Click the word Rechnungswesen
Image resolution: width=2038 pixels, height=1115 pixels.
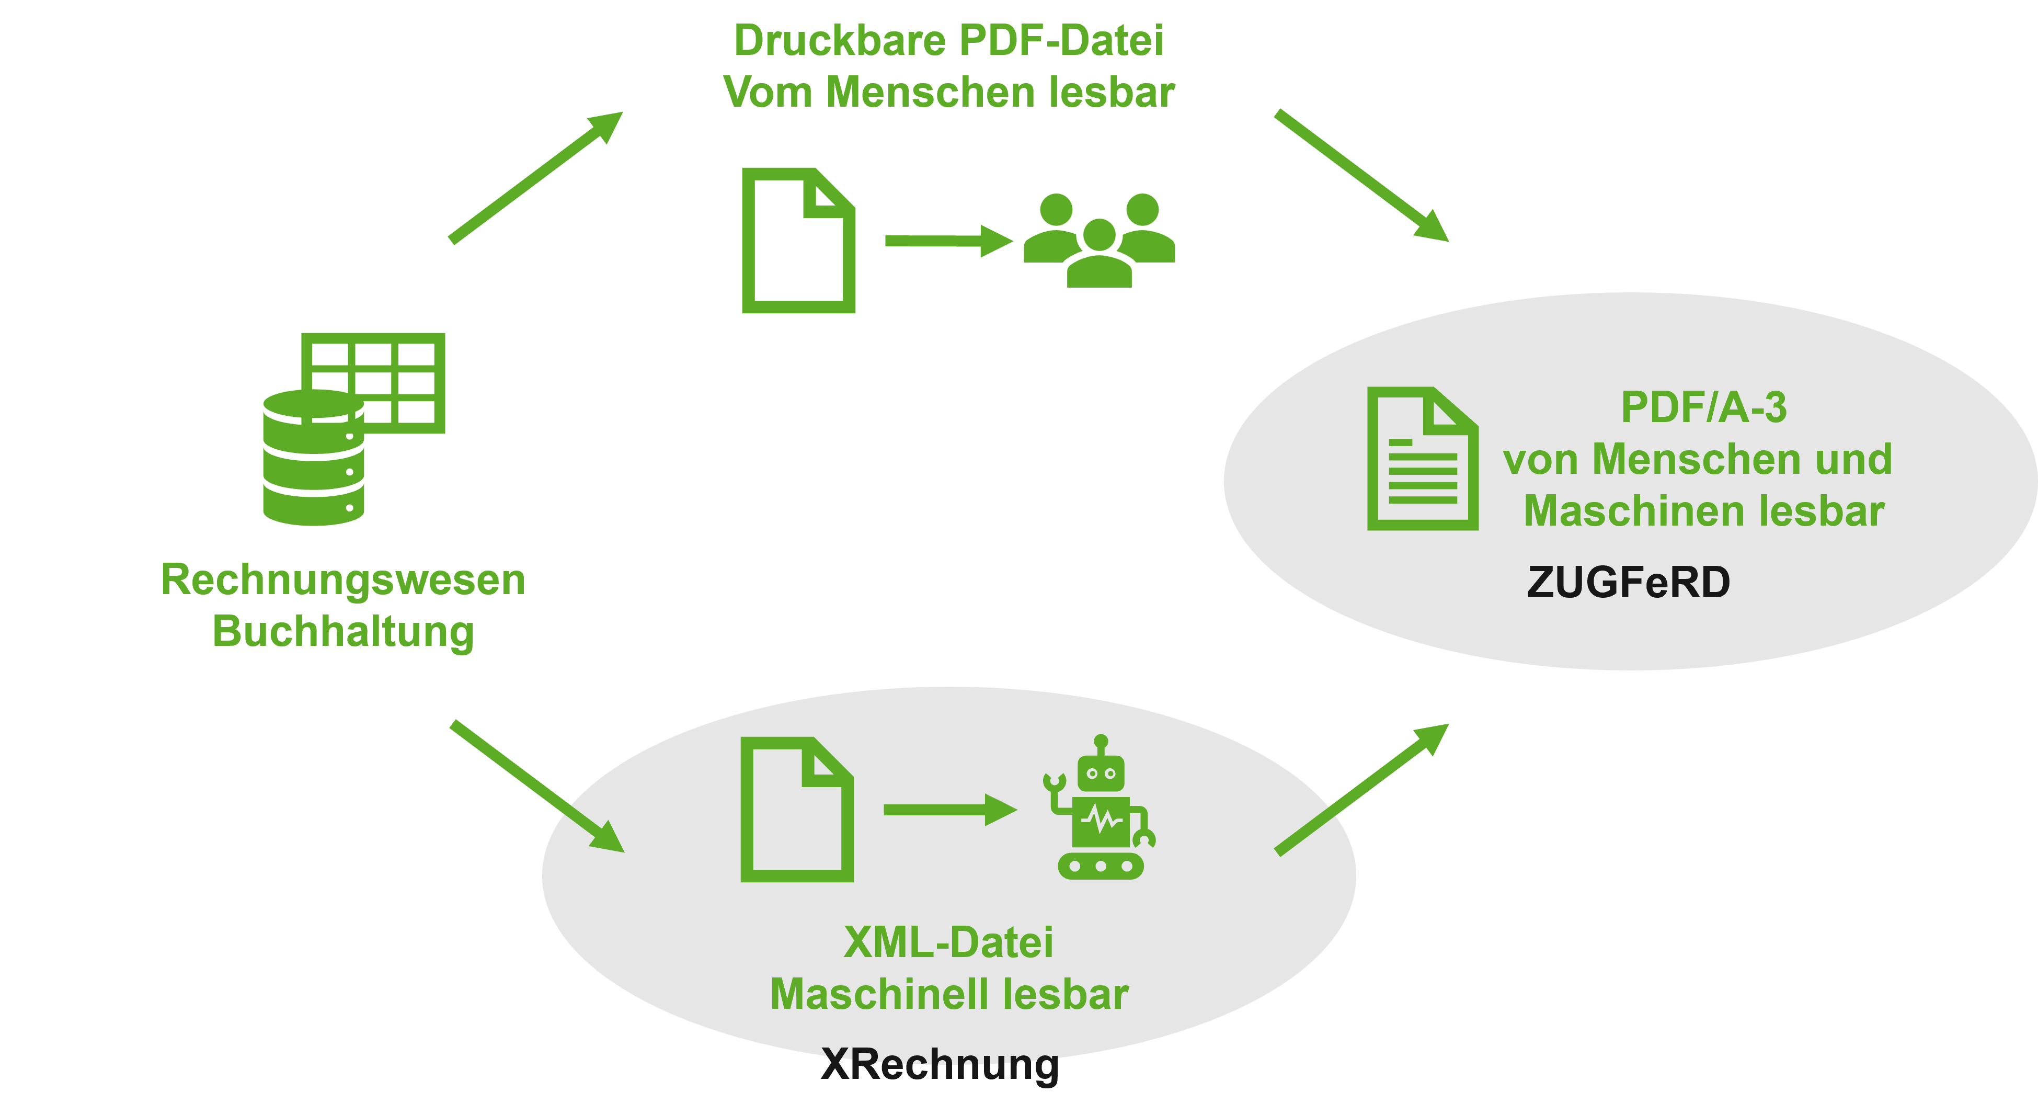point(342,579)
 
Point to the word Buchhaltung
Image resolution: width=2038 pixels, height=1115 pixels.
point(342,631)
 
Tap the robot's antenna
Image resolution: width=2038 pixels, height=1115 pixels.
point(1101,744)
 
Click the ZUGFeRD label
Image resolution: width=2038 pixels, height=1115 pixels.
point(1628,583)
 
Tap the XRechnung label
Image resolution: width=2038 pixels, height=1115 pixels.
point(940,1064)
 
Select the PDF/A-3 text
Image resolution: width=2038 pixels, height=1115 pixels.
point(1703,407)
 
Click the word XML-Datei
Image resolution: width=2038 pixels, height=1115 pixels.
point(948,942)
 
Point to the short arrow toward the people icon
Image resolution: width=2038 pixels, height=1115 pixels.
point(948,241)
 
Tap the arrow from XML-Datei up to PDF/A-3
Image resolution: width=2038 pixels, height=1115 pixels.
point(1361,789)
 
